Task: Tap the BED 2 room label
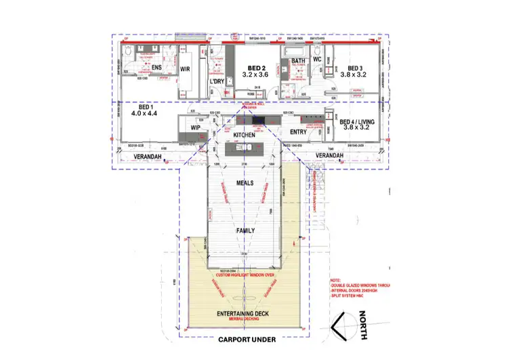click(x=256, y=68)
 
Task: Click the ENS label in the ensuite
click(x=156, y=68)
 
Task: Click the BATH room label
click(x=299, y=62)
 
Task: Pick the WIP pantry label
click(x=195, y=127)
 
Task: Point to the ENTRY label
click(x=298, y=132)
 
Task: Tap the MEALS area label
click(x=244, y=183)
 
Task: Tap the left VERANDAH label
click(x=139, y=155)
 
